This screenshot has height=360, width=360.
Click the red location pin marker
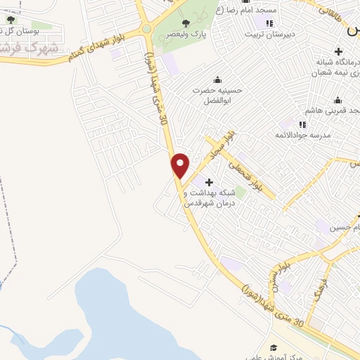click(x=181, y=165)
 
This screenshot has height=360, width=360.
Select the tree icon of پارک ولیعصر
click(x=186, y=23)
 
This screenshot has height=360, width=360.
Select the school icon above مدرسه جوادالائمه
click(x=303, y=124)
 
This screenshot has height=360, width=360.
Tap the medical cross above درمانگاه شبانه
click(x=339, y=51)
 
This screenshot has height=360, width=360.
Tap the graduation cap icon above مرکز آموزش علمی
click(x=274, y=348)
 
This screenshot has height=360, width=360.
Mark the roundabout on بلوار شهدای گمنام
click(x=146, y=29)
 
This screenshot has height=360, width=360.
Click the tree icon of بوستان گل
click(x=10, y=20)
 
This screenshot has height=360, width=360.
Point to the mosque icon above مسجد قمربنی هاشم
click(x=338, y=100)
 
